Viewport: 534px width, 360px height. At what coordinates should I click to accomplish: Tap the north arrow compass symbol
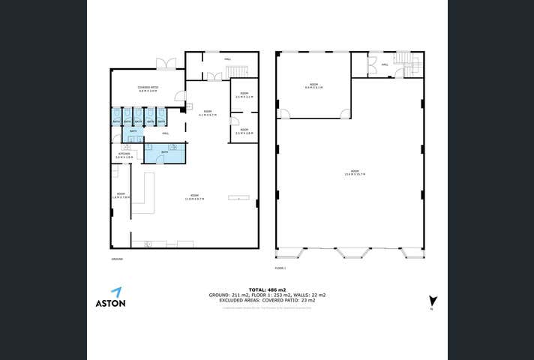[x=433, y=302]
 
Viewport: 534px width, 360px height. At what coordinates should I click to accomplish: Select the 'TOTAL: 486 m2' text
[x=267, y=289]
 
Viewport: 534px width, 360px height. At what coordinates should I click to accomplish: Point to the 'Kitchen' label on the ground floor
[x=125, y=155]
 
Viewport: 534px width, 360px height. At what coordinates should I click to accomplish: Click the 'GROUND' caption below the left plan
[x=116, y=259]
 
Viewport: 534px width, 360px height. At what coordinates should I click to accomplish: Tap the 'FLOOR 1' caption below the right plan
[x=280, y=267]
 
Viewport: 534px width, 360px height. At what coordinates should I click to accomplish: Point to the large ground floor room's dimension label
[x=194, y=197]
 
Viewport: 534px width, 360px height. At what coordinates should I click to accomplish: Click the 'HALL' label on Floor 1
[x=385, y=64]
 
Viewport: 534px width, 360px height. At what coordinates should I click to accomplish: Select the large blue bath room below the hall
[x=164, y=152]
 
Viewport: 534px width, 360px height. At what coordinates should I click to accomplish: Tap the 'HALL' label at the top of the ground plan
[x=227, y=58]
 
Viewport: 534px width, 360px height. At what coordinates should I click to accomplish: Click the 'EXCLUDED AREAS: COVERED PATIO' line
[x=267, y=300]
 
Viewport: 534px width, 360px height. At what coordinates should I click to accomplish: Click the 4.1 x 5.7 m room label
[x=206, y=112]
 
